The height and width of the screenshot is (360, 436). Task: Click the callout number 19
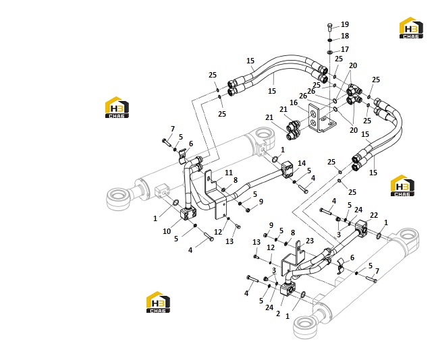pos(345,24)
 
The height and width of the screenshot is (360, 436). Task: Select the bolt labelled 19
pos(330,28)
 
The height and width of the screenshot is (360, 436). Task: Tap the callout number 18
pos(345,36)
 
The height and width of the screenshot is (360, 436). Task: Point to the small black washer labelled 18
pos(330,40)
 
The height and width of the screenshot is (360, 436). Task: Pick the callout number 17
pos(345,49)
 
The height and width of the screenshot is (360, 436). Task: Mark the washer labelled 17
pos(330,52)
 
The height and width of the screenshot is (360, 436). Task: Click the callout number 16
pos(294,102)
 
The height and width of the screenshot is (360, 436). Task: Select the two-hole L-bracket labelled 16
pos(321,118)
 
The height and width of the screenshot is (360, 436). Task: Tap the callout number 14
pos(302,163)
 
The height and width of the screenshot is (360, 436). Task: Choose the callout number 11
pos(229,173)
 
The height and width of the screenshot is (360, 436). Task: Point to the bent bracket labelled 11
pos(215,194)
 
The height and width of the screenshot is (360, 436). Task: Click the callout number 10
pos(167,231)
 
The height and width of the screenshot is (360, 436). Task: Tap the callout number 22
pos(374,215)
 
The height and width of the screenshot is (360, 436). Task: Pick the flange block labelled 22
pos(362,227)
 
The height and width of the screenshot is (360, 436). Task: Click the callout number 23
pos(310,241)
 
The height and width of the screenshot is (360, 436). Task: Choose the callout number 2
pos(278,313)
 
